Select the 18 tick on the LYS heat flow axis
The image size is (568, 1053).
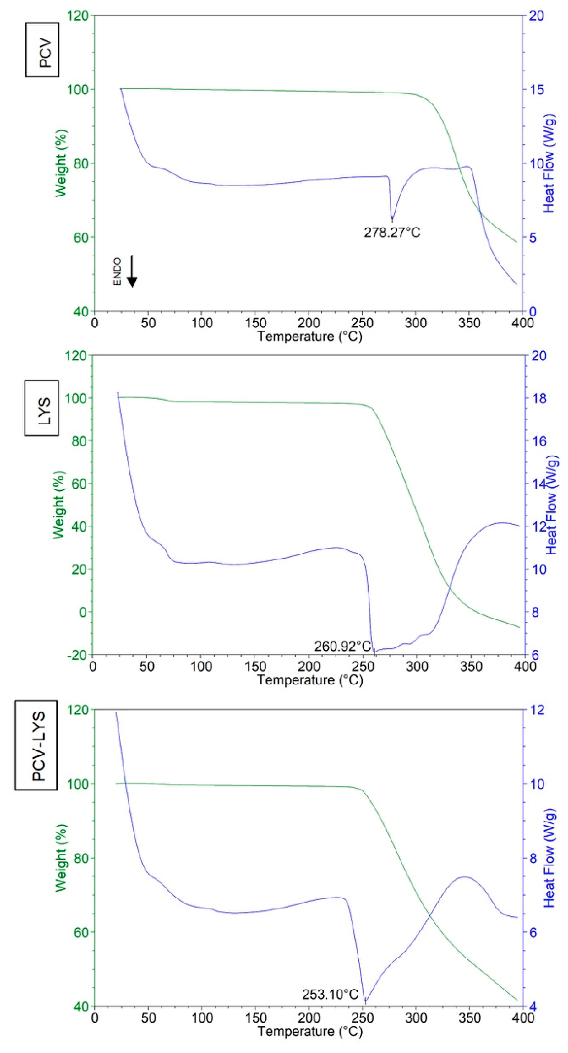[539, 398]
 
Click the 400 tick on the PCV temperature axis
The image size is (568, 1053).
[522, 323]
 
